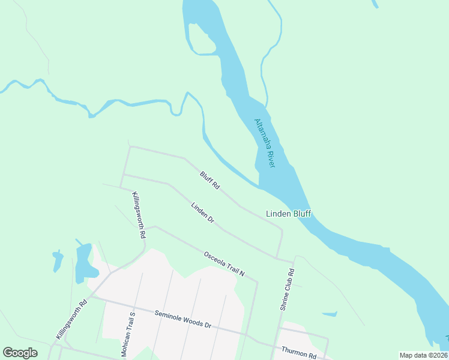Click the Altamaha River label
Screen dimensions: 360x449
point(264,143)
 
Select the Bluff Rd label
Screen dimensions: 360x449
point(209,181)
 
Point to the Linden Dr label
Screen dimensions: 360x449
point(203,213)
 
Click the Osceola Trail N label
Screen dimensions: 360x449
point(224,263)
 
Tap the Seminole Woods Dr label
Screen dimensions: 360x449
point(182,319)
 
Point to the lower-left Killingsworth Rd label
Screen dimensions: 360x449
point(71,319)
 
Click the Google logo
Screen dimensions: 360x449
point(20,353)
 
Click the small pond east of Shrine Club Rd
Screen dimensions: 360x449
point(329,313)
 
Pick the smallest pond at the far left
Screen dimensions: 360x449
point(58,261)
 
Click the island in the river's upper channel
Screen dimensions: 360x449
point(200,39)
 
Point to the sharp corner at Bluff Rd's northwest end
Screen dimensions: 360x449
point(130,146)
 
